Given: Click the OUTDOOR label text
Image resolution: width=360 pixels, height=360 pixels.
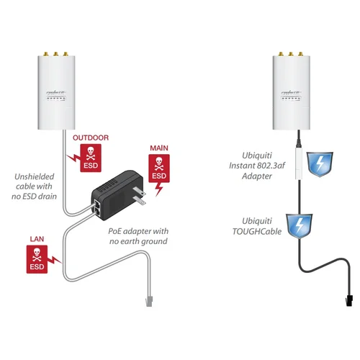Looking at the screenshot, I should [x=90, y=138].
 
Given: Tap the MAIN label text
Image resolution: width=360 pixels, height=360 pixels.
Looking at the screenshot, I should [x=158, y=148].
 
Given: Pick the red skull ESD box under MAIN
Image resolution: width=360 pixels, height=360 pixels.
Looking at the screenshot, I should [x=158, y=167].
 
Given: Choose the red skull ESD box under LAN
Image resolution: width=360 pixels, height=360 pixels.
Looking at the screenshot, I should [x=36, y=259].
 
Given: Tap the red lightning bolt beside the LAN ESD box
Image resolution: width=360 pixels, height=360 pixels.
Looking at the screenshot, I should [x=58, y=258].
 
